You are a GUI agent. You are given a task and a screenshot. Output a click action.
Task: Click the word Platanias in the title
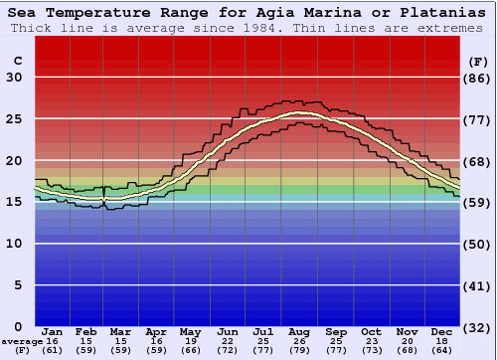tap(436, 13)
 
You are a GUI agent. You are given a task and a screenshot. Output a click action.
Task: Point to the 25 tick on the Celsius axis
tap(14, 118)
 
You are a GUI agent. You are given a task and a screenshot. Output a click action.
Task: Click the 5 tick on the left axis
tap(18, 284)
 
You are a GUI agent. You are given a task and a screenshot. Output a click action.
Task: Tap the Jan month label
tap(53, 331)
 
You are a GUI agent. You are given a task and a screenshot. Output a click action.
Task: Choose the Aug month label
tap(299, 331)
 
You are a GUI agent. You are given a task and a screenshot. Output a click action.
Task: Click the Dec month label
tap(441, 331)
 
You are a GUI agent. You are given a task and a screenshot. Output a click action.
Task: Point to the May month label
tap(189, 331)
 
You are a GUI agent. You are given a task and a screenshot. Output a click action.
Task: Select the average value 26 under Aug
tap(299, 341)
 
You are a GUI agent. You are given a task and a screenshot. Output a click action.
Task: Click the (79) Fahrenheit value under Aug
tap(299, 351)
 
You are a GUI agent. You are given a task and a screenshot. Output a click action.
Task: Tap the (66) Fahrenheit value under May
tap(189, 351)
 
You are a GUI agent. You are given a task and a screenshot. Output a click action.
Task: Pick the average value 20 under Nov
tap(406, 341)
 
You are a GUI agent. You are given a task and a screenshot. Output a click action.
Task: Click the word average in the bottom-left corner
tap(22, 341)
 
